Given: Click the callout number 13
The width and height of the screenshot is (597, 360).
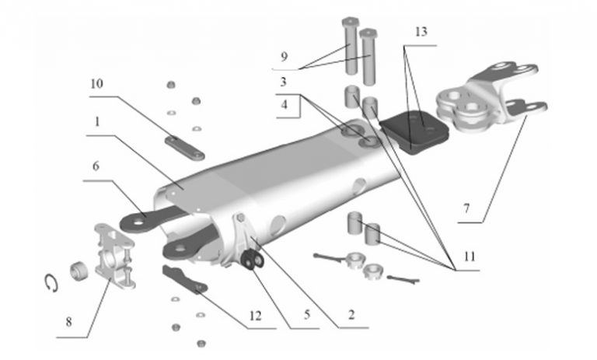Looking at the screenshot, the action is (421, 32).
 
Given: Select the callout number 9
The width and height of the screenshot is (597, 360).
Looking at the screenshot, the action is (284, 57).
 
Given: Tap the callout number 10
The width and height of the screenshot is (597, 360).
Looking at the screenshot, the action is (96, 83).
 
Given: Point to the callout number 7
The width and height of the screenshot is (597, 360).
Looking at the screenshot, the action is (466, 208).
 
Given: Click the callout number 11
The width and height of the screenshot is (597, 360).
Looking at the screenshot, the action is (470, 257).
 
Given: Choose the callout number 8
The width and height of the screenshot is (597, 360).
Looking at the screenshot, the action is (68, 322).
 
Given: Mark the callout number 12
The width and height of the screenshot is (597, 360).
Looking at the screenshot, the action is (256, 316).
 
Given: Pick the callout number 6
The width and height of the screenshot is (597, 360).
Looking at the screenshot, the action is (96, 166).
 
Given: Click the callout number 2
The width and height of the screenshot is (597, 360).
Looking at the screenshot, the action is (351, 315).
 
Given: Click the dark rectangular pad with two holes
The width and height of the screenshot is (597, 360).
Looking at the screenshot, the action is (414, 132).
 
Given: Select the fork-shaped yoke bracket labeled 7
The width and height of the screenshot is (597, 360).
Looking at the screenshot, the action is (492, 98).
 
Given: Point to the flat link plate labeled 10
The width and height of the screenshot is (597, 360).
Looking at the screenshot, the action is (185, 149).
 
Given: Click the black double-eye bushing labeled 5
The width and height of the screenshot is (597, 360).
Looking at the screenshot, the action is (253, 260).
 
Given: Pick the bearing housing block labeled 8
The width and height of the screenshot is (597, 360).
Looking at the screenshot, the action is (114, 256).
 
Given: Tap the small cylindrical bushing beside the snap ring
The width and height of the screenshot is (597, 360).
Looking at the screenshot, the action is (79, 271).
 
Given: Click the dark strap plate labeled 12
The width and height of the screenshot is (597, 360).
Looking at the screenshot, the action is (185, 279).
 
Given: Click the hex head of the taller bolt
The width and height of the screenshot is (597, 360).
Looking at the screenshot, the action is (350, 22).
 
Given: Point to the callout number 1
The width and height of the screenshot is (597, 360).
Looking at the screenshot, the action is (97, 122).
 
